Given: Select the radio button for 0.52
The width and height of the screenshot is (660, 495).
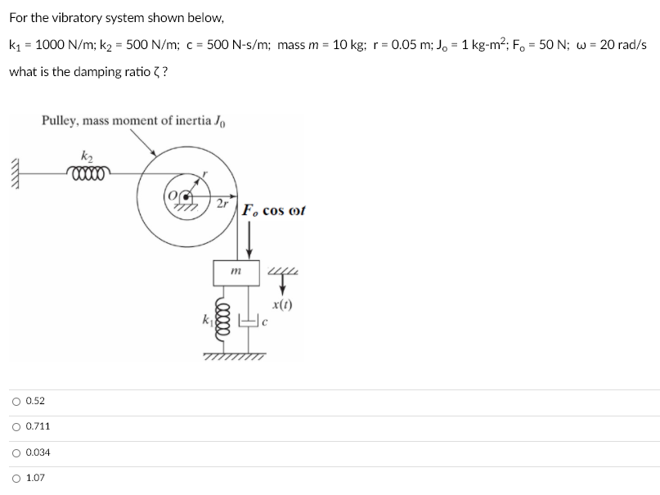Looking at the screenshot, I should point(16,401).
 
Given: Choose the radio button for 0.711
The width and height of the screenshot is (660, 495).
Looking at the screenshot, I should point(16,426).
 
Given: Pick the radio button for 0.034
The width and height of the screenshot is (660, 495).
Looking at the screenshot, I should point(16,452).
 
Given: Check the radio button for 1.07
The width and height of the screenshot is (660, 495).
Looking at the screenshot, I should point(16,478).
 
